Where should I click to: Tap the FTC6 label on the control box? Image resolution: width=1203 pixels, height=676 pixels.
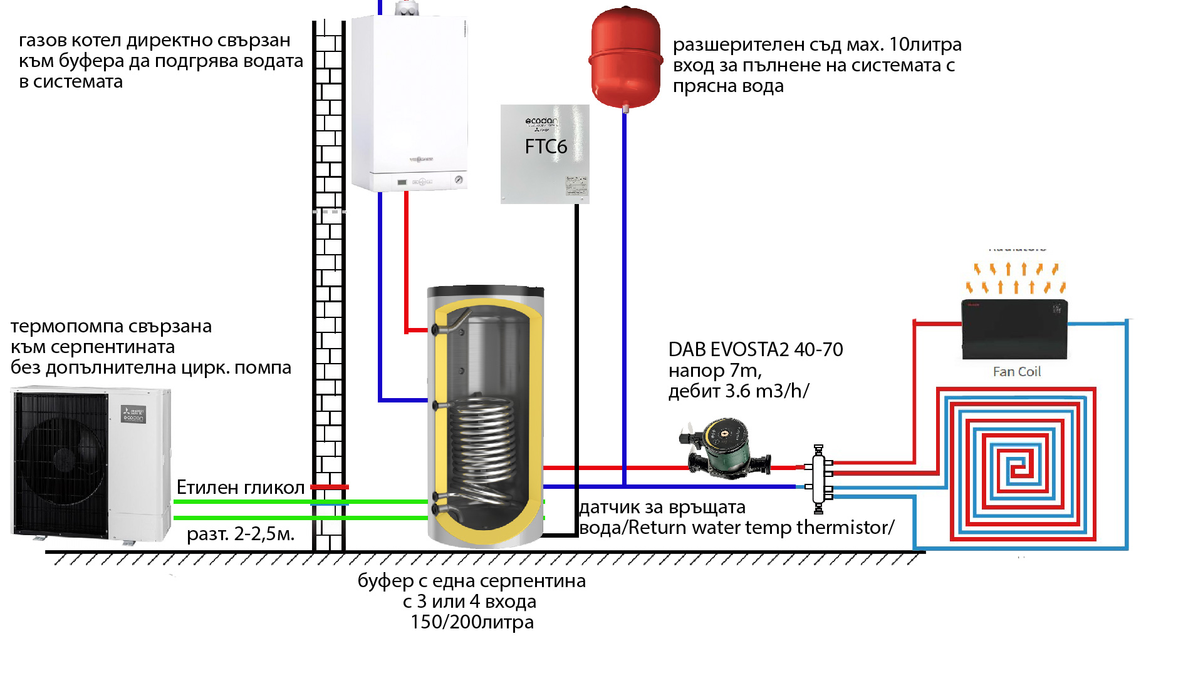click(x=546, y=146)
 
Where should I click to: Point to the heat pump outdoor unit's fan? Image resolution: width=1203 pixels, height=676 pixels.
click(x=63, y=459)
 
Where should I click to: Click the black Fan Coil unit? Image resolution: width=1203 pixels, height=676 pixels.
click(x=1014, y=329)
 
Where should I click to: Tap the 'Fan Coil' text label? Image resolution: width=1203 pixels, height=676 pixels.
click(x=1016, y=372)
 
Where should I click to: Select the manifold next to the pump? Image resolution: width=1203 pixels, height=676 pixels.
click(x=818, y=479)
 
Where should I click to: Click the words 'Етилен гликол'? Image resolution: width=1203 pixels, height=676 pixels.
click(x=241, y=487)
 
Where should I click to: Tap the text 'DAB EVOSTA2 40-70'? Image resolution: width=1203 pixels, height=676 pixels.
click(x=756, y=349)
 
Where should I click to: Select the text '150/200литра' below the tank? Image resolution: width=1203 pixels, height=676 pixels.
click(x=472, y=622)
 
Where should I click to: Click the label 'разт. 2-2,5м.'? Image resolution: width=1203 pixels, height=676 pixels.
click(x=241, y=534)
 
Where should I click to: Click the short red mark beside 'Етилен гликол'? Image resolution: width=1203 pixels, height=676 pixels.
click(x=330, y=486)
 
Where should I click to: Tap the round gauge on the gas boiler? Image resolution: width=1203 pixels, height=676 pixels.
click(x=459, y=180)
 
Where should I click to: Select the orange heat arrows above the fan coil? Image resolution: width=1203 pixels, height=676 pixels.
click(x=1016, y=278)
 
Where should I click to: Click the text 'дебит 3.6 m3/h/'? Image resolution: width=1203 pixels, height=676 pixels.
click(x=739, y=391)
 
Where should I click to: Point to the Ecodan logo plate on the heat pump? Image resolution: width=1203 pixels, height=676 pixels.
click(x=133, y=414)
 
